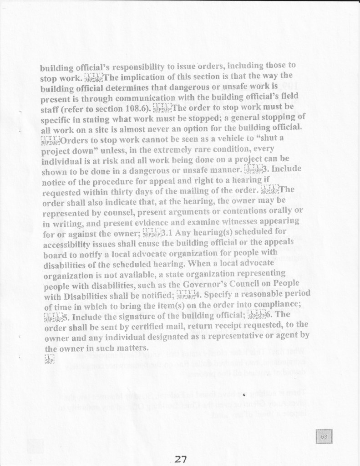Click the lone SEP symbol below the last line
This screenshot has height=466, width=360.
[50, 358]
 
